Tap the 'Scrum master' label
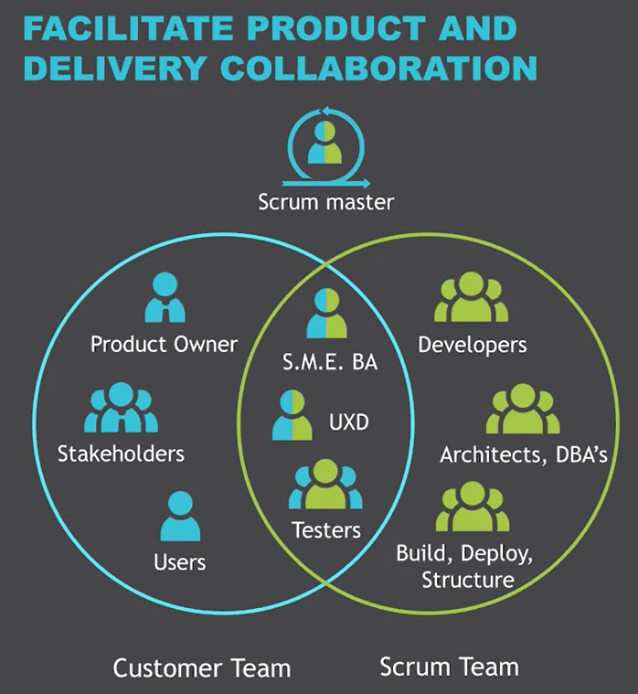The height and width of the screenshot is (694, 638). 325,201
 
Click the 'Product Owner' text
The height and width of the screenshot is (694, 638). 164,345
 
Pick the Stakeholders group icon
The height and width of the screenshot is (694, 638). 120,408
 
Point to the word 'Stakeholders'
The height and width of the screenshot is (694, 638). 121,454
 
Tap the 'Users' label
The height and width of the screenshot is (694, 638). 179,561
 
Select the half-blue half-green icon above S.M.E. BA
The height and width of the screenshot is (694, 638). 327,314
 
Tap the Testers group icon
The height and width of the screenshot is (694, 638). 325,486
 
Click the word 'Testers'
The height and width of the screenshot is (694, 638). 325,529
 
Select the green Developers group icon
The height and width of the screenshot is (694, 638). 471,299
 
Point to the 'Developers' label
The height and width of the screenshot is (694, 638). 472,345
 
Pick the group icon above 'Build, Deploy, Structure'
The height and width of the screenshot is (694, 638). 471,508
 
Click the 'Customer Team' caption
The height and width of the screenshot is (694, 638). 201,667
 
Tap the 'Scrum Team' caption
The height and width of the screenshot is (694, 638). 449,666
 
